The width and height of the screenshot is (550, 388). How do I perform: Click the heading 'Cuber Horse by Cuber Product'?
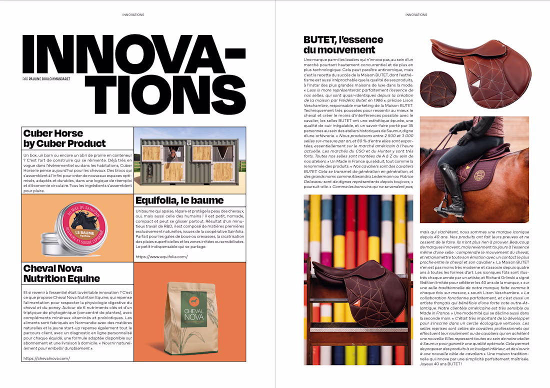(64, 138)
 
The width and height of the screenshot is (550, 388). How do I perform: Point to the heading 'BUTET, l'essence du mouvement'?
(343, 44)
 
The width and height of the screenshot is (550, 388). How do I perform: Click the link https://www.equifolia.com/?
(161, 257)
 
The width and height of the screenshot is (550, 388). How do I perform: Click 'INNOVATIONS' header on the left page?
(133, 15)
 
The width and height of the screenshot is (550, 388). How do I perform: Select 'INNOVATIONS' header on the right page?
(416, 15)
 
